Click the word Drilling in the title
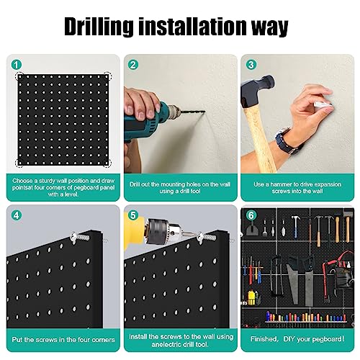(99, 27)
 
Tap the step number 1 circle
(17, 65)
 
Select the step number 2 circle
(133, 65)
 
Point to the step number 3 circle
(251, 65)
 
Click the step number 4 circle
(16, 215)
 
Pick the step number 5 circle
(132, 215)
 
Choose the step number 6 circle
(251, 215)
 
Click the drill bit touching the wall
(193, 112)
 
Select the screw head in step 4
(73, 237)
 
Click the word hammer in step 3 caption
(282, 184)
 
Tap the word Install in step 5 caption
(138, 336)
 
